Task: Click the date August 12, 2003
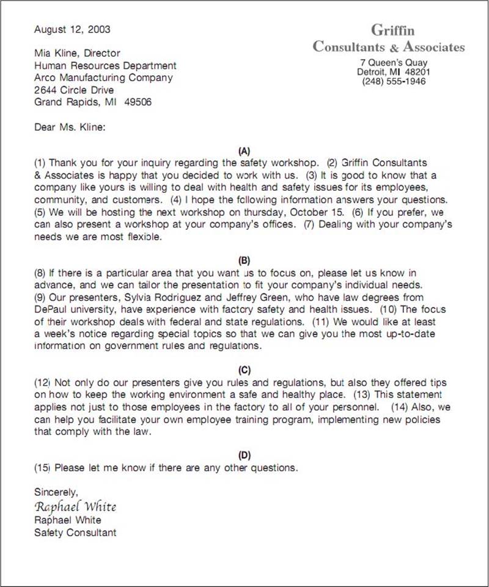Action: (72, 29)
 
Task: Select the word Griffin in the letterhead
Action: (392, 30)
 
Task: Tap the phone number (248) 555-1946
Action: (394, 81)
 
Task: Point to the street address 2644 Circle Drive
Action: (74, 90)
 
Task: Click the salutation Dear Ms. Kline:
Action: (70, 127)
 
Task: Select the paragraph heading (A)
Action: (244, 150)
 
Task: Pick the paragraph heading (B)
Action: (244, 260)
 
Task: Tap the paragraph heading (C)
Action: (244, 369)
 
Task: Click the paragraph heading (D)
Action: (244, 455)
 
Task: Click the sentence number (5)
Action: (40, 212)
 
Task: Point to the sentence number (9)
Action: (40, 297)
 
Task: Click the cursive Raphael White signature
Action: (75, 506)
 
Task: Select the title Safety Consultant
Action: (75, 533)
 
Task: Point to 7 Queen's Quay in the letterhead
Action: (394, 62)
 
